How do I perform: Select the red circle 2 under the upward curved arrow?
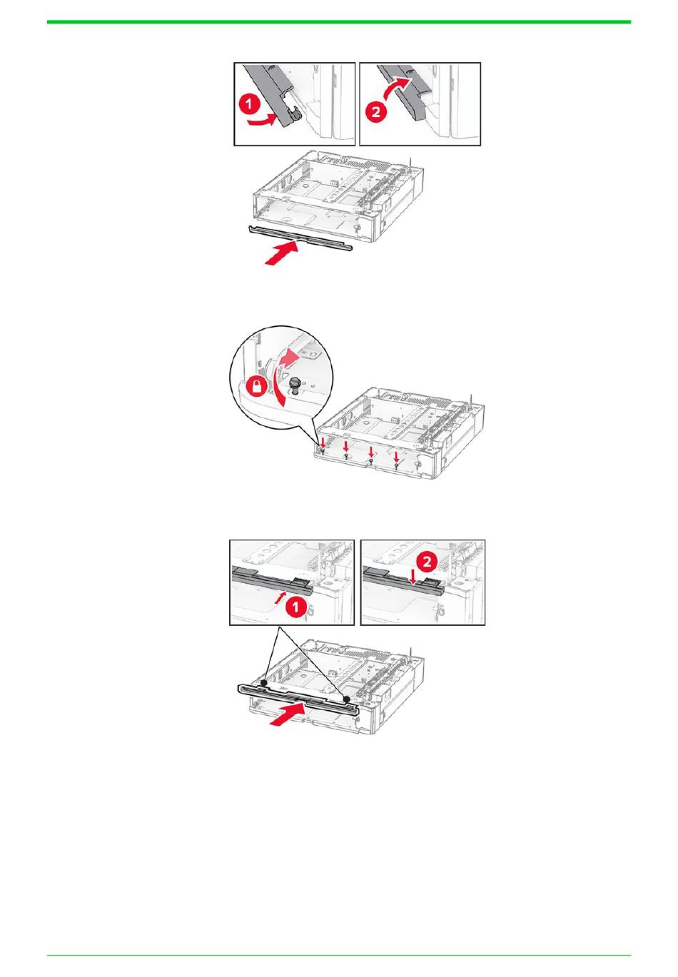tap(375, 112)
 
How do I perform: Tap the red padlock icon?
tap(258, 386)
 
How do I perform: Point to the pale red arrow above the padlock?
tap(288, 358)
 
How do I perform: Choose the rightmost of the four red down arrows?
tap(396, 457)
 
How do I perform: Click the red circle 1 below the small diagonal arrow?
tap(295, 607)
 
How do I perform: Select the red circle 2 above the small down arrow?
tap(426, 561)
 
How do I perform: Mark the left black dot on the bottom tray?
tap(263, 682)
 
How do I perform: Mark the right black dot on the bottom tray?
tap(346, 699)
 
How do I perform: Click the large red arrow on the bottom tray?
tap(287, 715)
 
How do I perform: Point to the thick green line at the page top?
tap(339, 22)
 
